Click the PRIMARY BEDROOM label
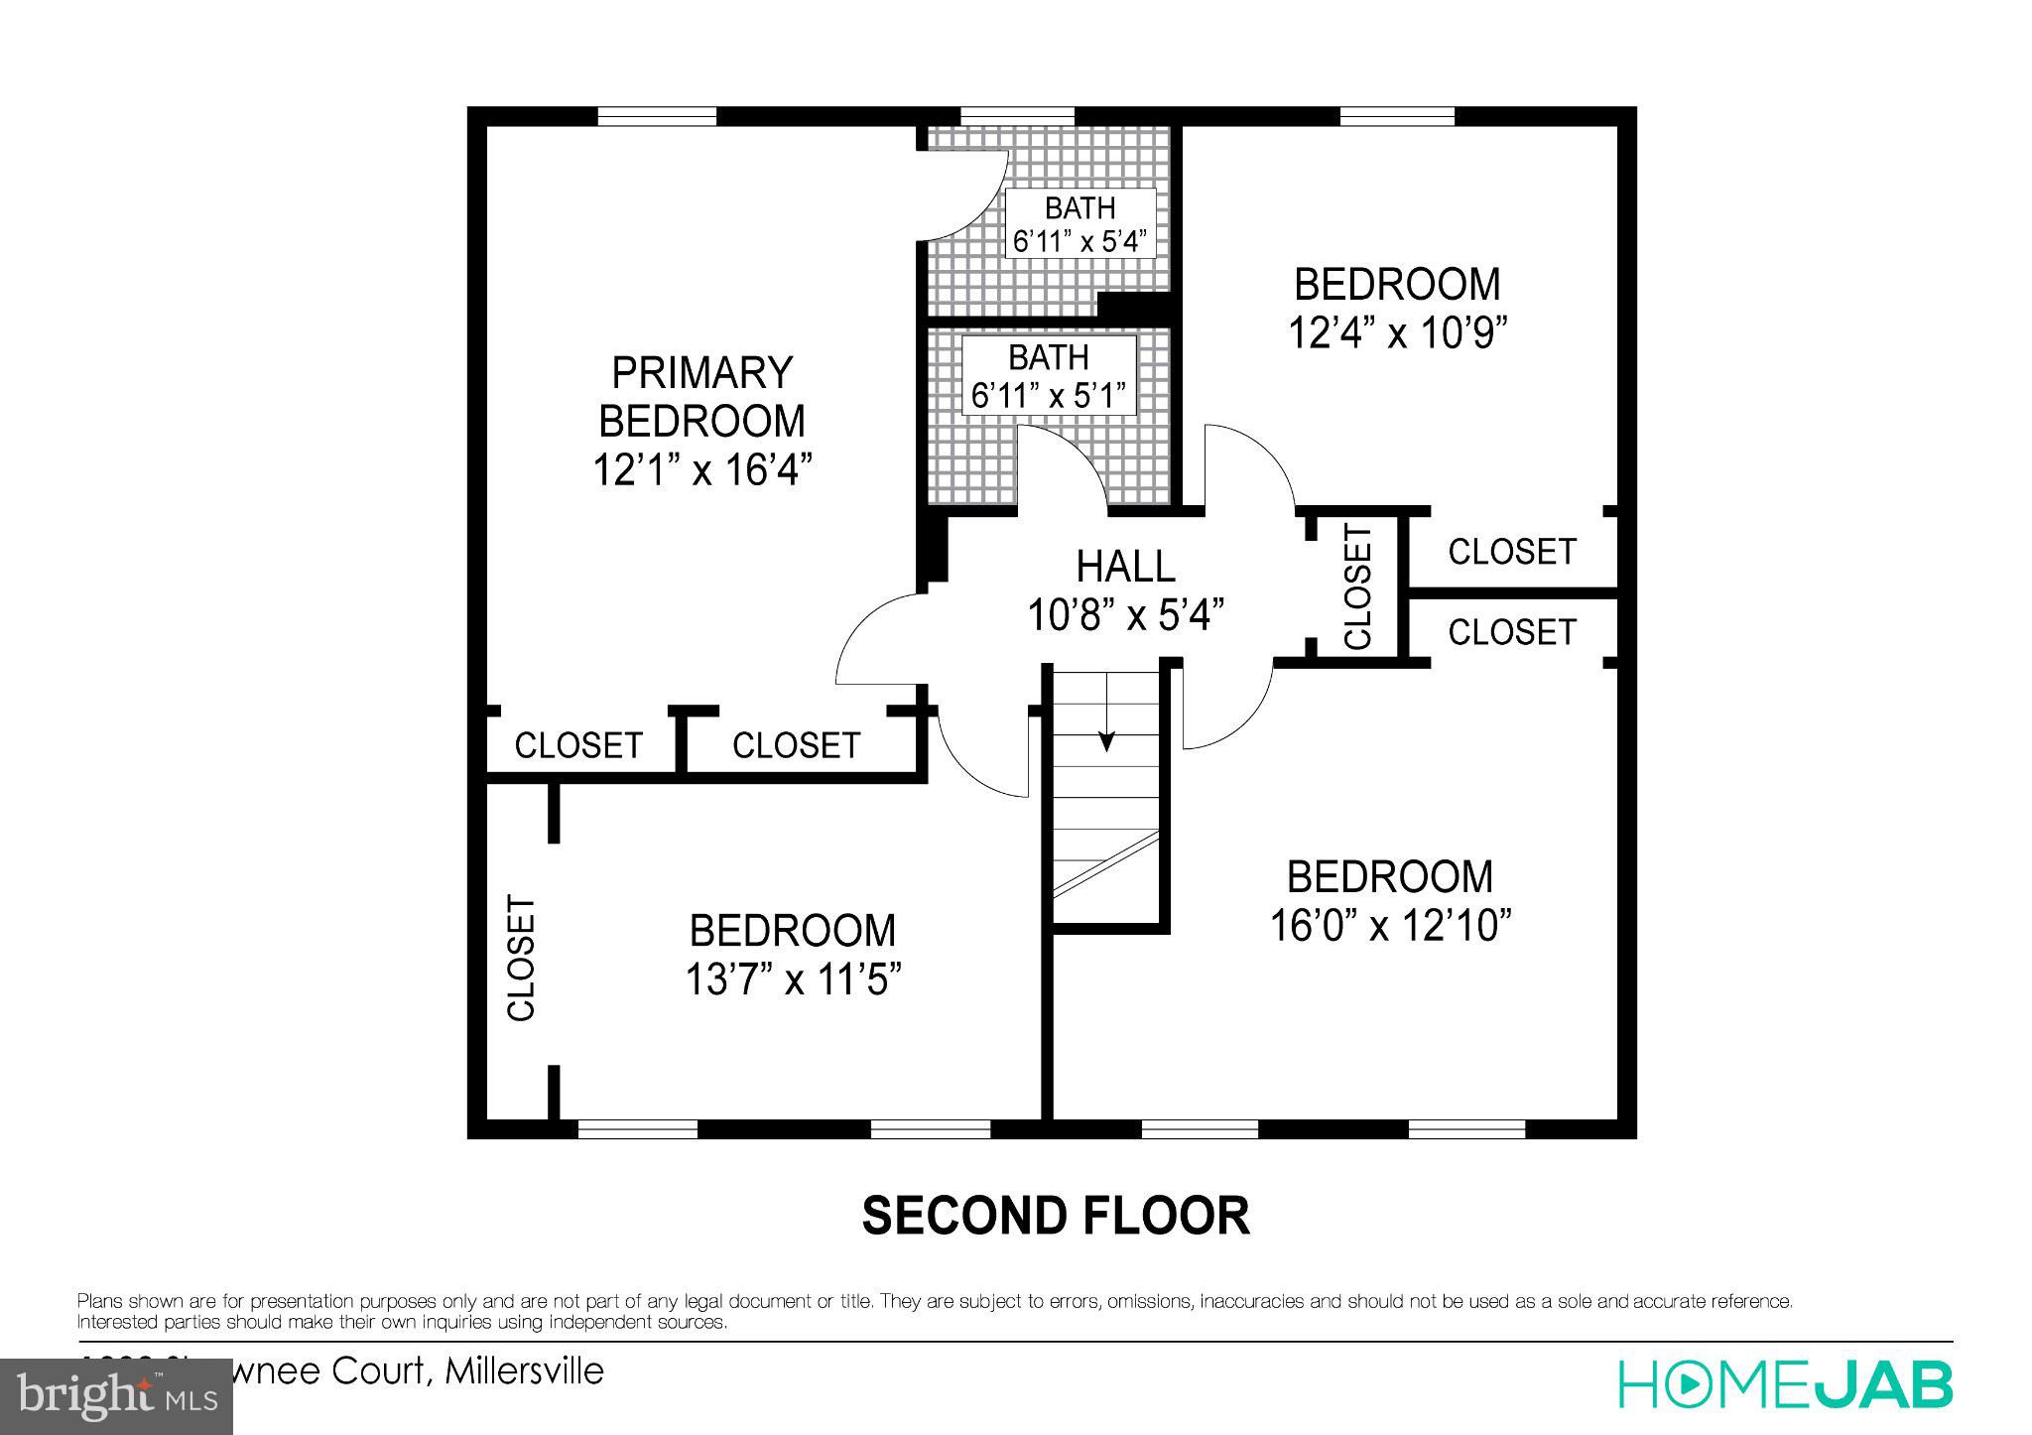[x=701, y=397]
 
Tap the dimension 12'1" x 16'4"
[x=702, y=469]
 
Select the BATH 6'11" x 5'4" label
[x=1079, y=224]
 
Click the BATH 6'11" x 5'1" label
[x=1049, y=376]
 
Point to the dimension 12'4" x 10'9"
[x=1397, y=333]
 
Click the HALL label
[x=1125, y=567]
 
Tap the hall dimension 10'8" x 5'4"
[x=1125, y=615]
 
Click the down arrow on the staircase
[x=1106, y=738]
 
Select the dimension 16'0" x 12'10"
[x=1390, y=926]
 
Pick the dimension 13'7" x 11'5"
[x=792, y=980]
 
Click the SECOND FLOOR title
[x=1055, y=1216]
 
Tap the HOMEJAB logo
[x=1785, y=1385]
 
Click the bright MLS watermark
[x=116, y=1397]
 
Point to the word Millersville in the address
[x=524, y=1371]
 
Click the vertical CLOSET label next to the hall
[x=1356, y=587]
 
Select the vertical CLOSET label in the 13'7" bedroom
[x=521, y=958]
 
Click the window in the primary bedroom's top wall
[x=657, y=116]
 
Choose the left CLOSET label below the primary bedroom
[x=577, y=745]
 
